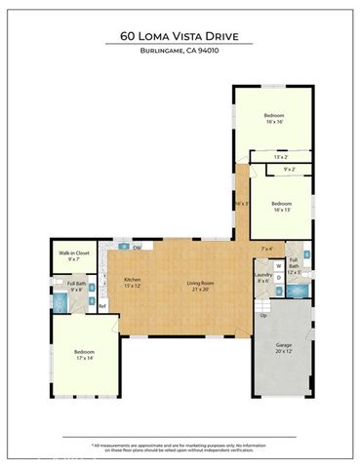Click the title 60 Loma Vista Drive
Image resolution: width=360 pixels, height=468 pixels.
tap(180, 37)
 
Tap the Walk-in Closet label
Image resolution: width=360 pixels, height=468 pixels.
tap(68, 256)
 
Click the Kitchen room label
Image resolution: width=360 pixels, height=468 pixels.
tap(133, 284)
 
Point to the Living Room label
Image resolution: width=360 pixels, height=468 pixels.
tap(201, 284)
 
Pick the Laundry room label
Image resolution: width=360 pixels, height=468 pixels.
tap(262, 278)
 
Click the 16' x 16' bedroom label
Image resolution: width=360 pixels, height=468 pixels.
tap(273, 119)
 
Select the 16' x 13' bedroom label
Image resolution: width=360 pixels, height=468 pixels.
tap(282, 208)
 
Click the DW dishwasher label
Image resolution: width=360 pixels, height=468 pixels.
tap(138, 247)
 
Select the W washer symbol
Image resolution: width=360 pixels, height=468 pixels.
tap(278, 264)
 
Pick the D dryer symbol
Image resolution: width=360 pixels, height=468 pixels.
tap(278, 278)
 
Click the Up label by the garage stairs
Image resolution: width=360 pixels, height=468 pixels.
tap(262, 316)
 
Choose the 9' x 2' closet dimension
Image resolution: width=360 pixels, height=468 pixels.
tap(290, 171)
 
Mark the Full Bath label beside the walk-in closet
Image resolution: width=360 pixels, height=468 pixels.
tap(77, 288)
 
